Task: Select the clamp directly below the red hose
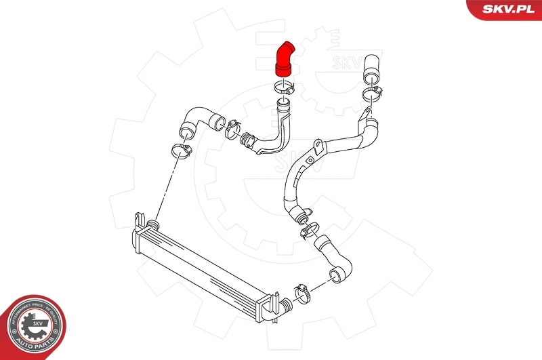(x=285, y=87)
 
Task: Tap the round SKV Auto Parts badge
(x=33, y=325)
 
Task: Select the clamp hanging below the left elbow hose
(x=180, y=150)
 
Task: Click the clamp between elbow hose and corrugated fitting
(x=230, y=125)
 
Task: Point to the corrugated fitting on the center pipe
(x=249, y=140)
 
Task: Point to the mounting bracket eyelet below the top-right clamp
(x=366, y=111)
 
